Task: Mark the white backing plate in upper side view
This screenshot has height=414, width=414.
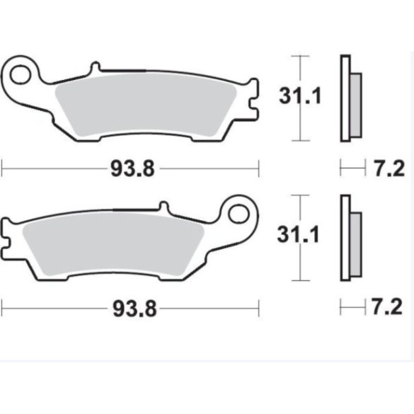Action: (x=345, y=99)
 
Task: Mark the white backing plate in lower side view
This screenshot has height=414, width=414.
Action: (x=345, y=238)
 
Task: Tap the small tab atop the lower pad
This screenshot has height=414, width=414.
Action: (x=163, y=208)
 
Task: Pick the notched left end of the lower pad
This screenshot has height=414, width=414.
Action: (x=8, y=234)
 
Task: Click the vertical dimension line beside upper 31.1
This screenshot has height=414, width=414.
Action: (x=301, y=127)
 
